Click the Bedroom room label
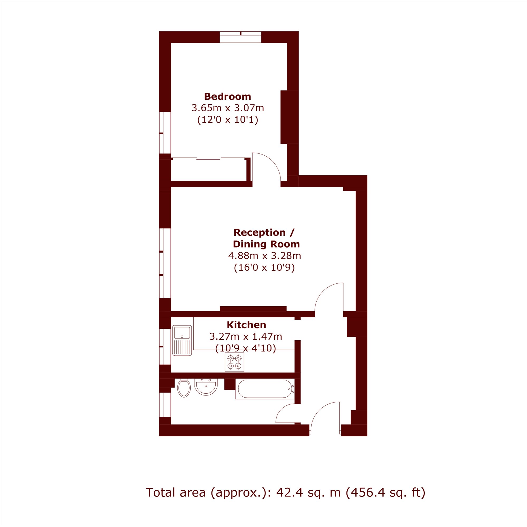tap(228, 96)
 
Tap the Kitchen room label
tap(246, 325)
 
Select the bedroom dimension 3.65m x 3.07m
tap(228, 108)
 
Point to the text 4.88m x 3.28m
tap(264, 256)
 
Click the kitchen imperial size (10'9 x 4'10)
tap(245, 348)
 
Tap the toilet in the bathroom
tap(184, 388)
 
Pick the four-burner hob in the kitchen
tap(234, 362)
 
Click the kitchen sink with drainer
tap(182, 340)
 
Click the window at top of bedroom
tap(241, 37)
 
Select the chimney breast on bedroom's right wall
tap(286, 117)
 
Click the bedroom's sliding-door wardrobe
tap(209, 170)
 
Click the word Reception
tap(259, 233)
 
